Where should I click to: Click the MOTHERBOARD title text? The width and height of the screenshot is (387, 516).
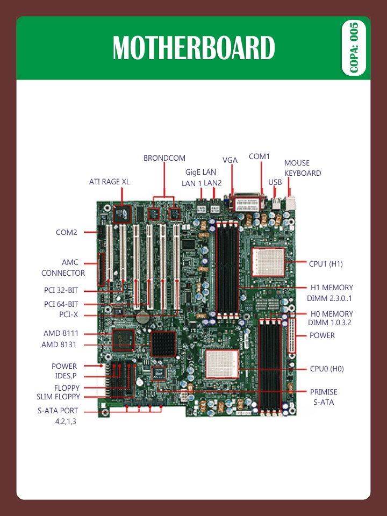coord(193,48)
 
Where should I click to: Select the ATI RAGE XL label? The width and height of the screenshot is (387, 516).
coord(109,182)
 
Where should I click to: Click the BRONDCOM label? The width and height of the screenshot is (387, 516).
coord(164,158)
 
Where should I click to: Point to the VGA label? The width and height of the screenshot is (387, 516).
coord(230,160)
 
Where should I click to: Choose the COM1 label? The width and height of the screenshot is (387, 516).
coord(259,156)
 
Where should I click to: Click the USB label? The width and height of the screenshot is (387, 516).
coord(275,182)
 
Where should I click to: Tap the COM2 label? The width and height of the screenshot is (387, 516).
coord(67,233)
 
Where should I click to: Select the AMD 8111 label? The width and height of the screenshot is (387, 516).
coord(61,333)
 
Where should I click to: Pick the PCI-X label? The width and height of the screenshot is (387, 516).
coord(69,314)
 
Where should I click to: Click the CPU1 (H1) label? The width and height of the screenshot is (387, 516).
coord(326,264)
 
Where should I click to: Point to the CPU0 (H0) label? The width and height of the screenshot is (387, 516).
coord(327,369)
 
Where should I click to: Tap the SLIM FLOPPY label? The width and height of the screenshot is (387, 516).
coord(58,397)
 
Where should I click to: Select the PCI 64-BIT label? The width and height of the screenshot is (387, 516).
coord(61,304)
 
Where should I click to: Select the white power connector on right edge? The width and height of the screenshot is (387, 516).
coord(292,334)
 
